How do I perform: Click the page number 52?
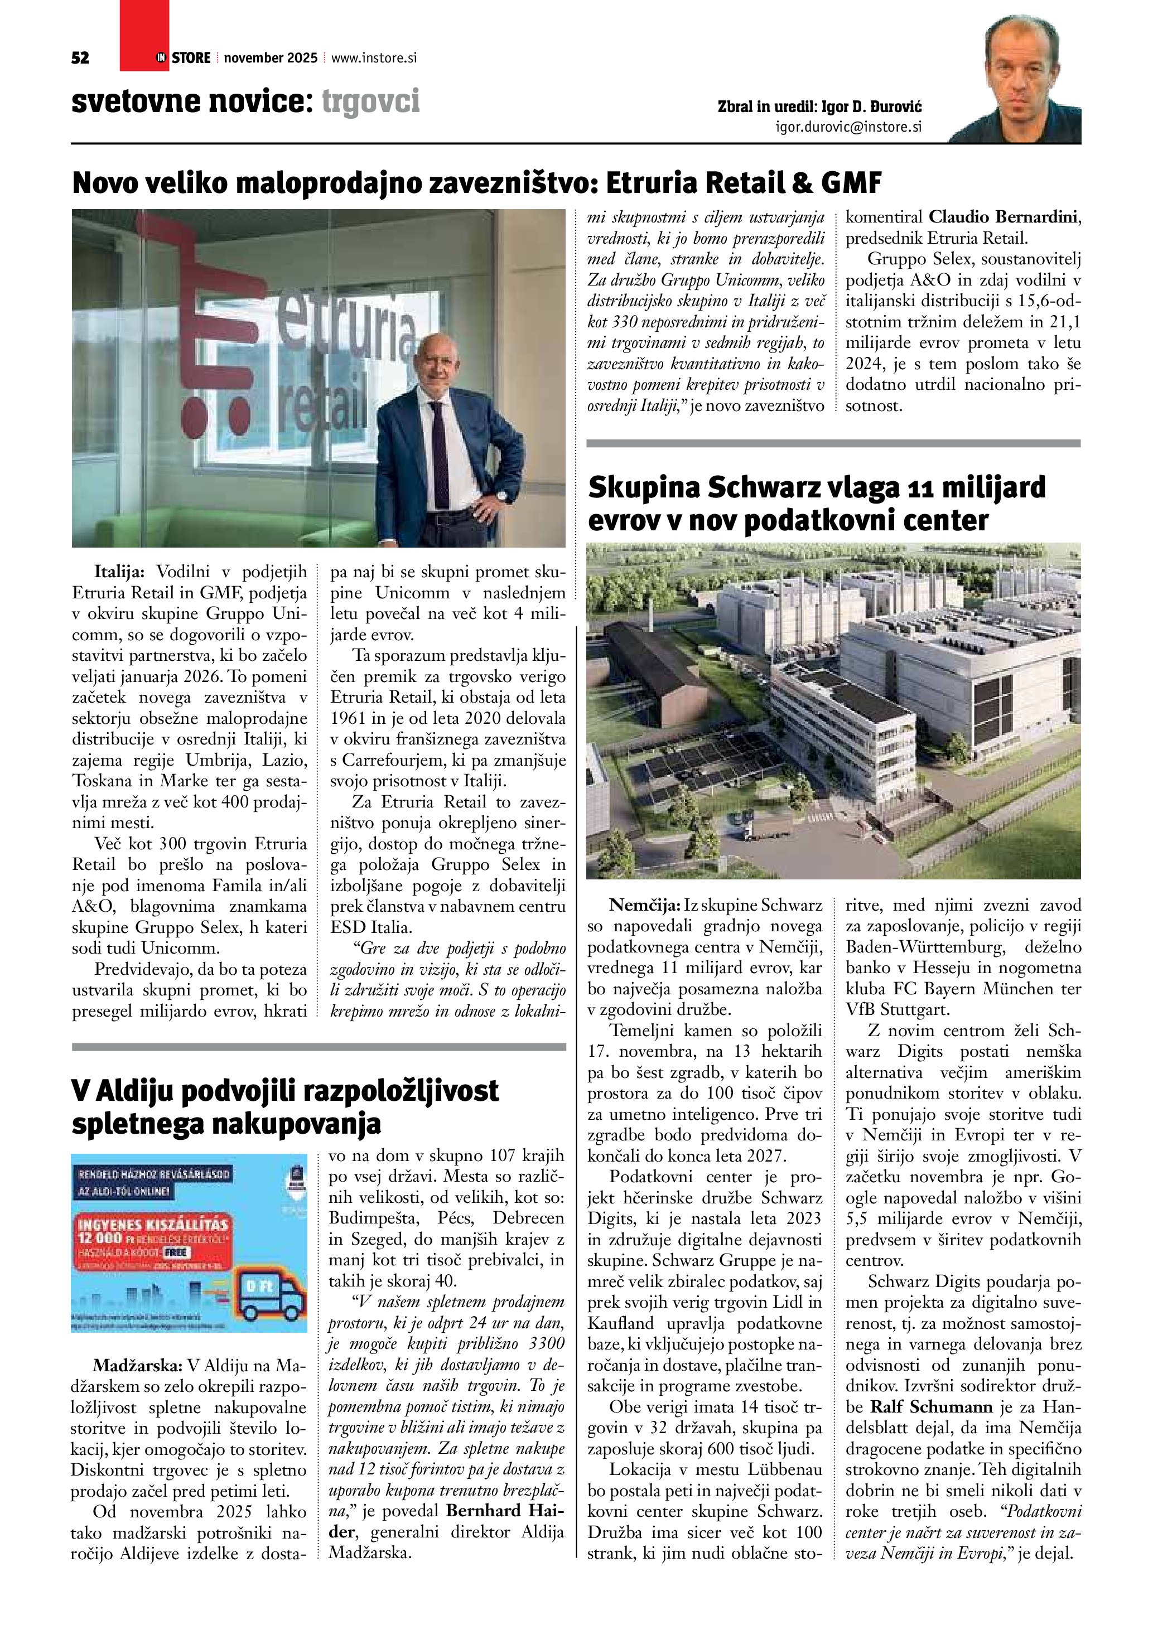click(x=80, y=58)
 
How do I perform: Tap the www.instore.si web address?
click(x=373, y=58)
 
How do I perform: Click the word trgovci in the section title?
click(x=370, y=101)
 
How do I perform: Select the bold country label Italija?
click(x=119, y=572)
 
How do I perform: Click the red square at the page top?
click(x=144, y=32)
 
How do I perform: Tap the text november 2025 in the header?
click(x=271, y=58)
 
